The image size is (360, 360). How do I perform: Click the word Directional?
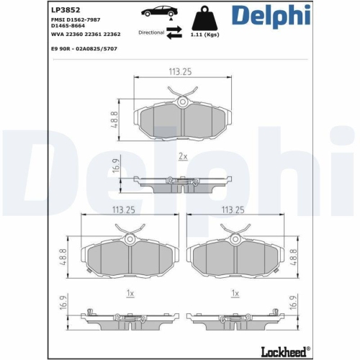click(x=150, y=32)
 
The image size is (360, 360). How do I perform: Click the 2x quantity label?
click(x=183, y=156)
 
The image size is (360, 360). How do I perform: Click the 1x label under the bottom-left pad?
click(x=130, y=294)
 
